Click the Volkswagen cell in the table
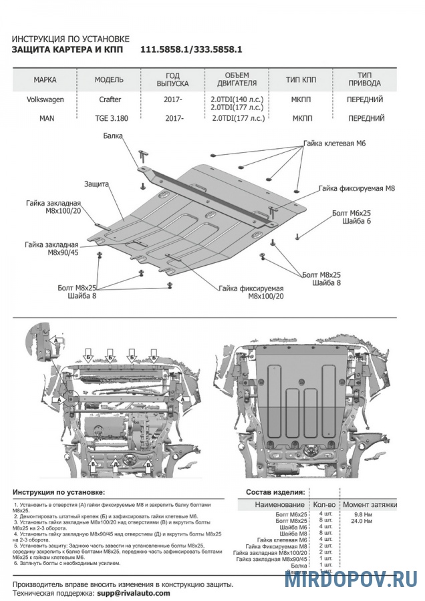tap(45, 99)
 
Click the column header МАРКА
tap(45, 79)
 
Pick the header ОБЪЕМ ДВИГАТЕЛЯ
tap(237, 79)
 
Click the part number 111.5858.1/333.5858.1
tap(190, 49)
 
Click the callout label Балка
tap(113, 136)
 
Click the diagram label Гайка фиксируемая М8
tap(357, 189)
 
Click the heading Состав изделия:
tap(275, 492)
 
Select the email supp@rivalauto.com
tap(133, 593)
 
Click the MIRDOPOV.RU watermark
tap(351, 579)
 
